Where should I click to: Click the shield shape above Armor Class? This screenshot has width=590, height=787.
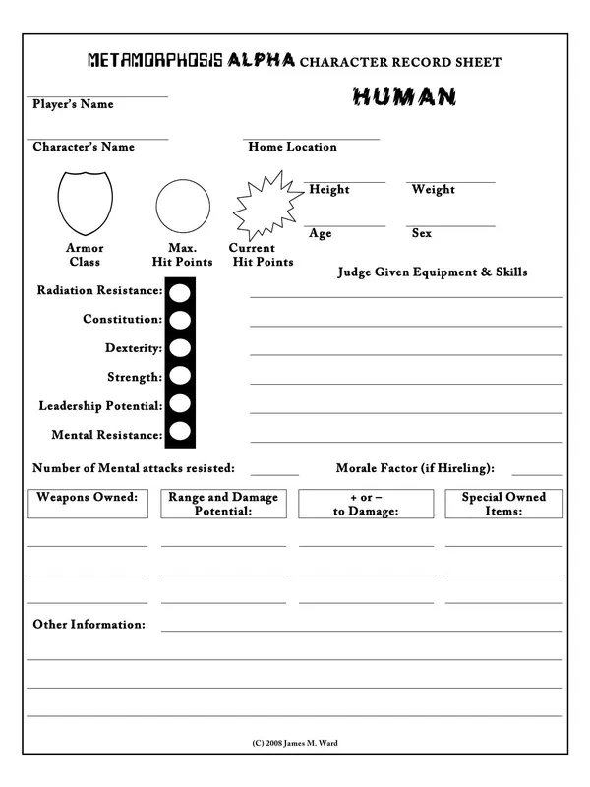(x=85, y=201)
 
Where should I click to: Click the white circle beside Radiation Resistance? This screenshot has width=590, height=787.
(x=180, y=292)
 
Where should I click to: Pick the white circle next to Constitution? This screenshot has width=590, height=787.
(x=180, y=320)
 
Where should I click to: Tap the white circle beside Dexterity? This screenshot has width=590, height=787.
(x=180, y=347)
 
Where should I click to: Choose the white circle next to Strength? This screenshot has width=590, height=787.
(x=180, y=375)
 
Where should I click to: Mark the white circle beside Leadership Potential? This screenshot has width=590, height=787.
(x=180, y=403)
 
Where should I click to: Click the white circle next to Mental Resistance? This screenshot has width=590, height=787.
(x=180, y=431)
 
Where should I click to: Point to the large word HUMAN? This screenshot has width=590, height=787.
(x=403, y=96)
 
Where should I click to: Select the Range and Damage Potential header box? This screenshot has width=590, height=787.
(x=223, y=504)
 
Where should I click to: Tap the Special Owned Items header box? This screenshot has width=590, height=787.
(x=503, y=504)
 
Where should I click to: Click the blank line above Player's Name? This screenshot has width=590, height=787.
(x=98, y=95)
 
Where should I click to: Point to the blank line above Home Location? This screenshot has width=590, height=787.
(x=312, y=139)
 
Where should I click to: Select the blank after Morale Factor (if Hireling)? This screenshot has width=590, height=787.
(x=537, y=473)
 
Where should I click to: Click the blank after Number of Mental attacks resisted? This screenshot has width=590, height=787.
(x=274, y=473)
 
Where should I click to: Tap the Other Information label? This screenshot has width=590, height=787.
(x=88, y=625)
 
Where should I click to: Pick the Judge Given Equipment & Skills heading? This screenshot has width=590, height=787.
(x=433, y=272)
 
